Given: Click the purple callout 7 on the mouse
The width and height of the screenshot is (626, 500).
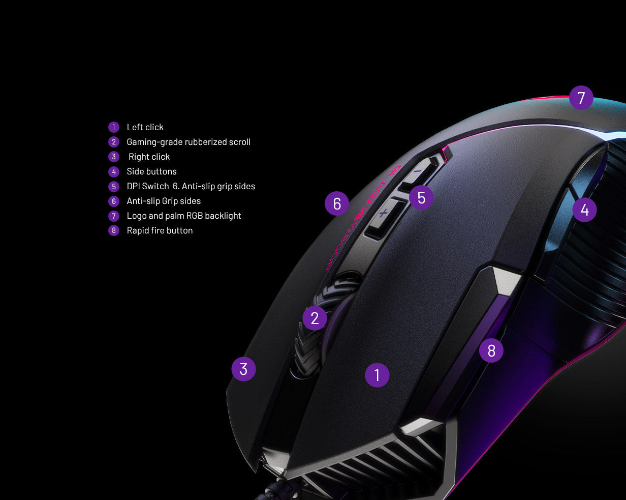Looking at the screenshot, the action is click(x=581, y=98).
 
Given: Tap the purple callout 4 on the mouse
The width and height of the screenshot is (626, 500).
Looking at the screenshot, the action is click(x=584, y=210).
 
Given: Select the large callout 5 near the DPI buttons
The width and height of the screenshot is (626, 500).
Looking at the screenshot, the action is click(x=421, y=197).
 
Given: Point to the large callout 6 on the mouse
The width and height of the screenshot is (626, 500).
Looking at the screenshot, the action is click(x=337, y=203).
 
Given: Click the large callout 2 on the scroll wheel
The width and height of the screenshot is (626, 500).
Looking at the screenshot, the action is click(x=315, y=318).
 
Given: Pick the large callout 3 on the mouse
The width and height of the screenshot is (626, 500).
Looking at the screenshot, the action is click(x=243, y=369).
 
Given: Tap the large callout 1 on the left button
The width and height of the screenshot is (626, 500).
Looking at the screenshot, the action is click(x=377, y=375).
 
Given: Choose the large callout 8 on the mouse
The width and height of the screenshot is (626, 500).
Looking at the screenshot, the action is click(x=491, y=350).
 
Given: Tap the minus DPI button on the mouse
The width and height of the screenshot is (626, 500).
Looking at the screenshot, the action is click(x=418, y=172).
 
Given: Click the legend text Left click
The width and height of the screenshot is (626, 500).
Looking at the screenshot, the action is click(x=145, y=127).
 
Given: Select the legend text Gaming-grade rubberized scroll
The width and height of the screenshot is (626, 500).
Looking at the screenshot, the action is click(x=189, y=142).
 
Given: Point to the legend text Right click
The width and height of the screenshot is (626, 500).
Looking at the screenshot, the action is click(x=149, y=157).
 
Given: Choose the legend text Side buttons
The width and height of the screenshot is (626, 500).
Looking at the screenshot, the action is click(x=151, y=171).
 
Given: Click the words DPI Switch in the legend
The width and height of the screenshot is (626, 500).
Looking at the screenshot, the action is click(x=148, y=186).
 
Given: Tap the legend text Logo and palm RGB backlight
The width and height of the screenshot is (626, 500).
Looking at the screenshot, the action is click(x=184, y=216).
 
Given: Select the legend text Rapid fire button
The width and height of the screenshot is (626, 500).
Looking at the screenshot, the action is click(x=160, y=230).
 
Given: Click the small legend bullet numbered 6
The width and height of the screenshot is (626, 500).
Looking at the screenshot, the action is click(x=114, y=201).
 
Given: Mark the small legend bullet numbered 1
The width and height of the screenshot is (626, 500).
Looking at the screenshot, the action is click(x=114, y=127).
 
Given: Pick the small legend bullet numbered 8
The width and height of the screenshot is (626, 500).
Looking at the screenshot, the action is click(x=114, y=230).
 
